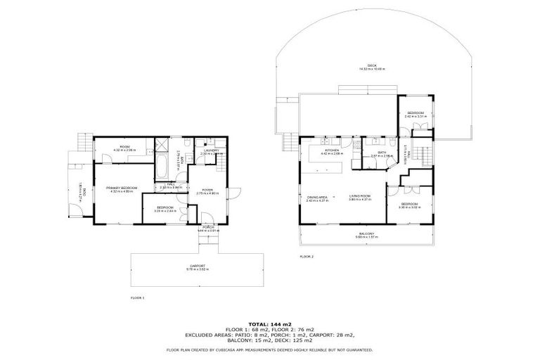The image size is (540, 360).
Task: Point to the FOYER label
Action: [x=207, y=191]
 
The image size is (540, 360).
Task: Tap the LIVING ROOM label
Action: [x=360, y=198]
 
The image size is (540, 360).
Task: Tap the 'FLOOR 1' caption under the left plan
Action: [x=137, y=298]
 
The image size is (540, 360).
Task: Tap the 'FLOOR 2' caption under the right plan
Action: [x=307, y=257]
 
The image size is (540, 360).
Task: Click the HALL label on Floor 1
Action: [x=171, y=186]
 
